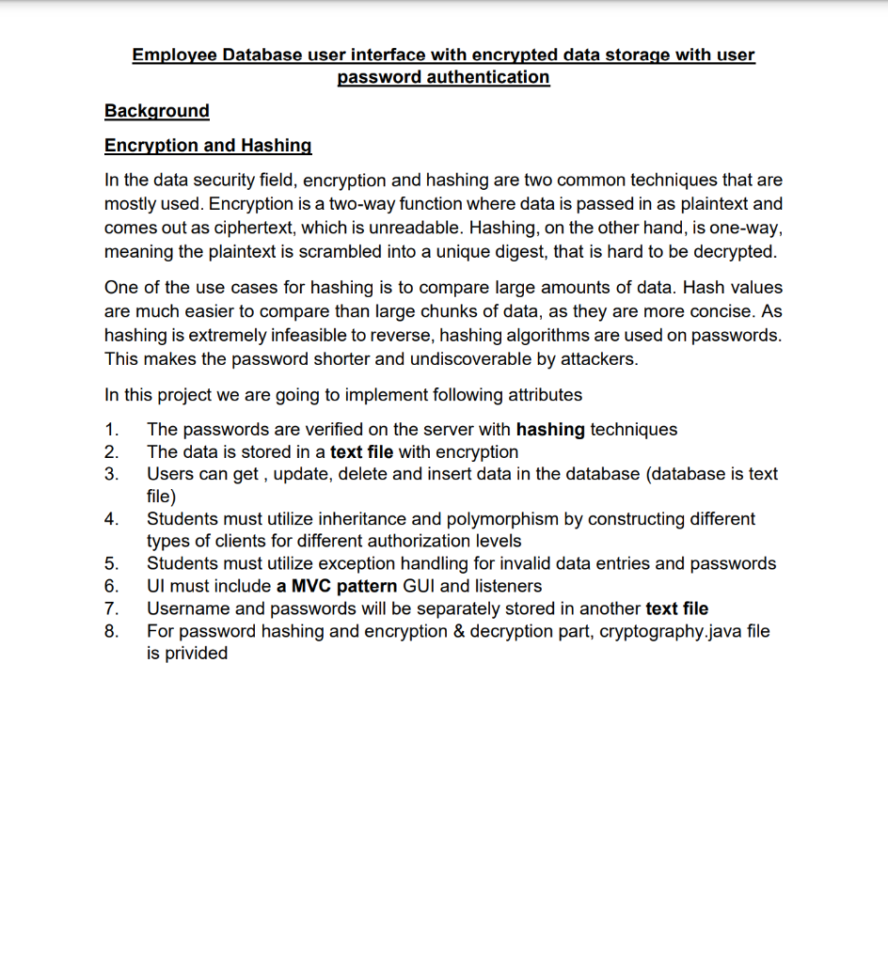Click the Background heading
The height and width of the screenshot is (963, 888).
(x=156, y=111)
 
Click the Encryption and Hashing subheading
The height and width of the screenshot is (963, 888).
(x=208, y=146)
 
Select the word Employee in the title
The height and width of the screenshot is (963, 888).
(x=174, y=55)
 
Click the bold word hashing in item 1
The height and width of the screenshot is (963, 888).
(x=550, y=430)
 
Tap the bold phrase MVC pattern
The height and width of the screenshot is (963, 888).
(x=337, y=586)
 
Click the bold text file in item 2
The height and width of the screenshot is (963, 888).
(x=361, y=452)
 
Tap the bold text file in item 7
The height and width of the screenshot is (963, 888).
(x=676, y=608)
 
